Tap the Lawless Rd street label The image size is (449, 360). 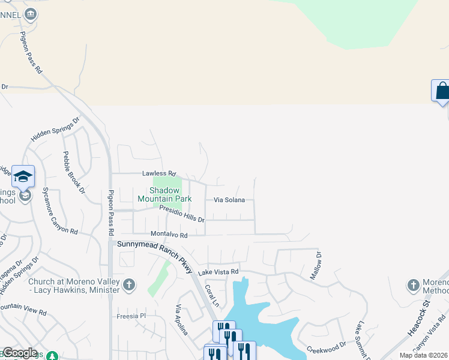158,173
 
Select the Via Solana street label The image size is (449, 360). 229,200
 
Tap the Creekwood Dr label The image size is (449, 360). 327,347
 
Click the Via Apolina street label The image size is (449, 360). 182,319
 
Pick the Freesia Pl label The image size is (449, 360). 131,316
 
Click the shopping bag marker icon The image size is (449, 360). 441,91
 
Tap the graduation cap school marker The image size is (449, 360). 23,176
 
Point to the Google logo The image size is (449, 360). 19,353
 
